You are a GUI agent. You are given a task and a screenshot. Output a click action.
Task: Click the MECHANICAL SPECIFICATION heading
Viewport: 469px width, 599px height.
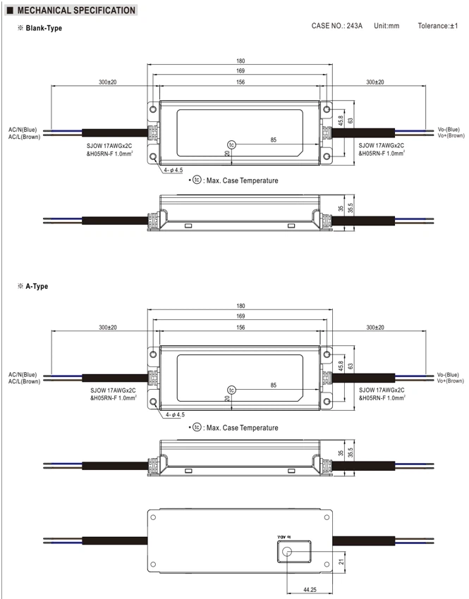point(76,11)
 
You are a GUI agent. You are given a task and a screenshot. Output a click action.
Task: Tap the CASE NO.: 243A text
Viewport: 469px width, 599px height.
point(336,25)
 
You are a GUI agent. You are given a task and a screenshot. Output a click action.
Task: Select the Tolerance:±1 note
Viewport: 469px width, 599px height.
point(438,25)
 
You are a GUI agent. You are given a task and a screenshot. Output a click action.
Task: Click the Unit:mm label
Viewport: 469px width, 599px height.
point(386,25)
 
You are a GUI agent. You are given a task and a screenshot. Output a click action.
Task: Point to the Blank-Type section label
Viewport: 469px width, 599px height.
point(44,28)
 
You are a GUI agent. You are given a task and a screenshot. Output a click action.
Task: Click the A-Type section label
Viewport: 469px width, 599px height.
point(37,286)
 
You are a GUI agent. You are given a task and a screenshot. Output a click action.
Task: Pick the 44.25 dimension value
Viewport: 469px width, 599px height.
point(310,590)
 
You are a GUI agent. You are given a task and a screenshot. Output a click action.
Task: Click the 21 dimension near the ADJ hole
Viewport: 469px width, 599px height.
point(341,562)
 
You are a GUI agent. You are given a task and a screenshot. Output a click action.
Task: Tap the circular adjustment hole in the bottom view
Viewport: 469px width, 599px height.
point(286,552)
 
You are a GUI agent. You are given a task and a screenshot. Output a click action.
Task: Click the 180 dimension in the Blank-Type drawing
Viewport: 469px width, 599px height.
point(240,61)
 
